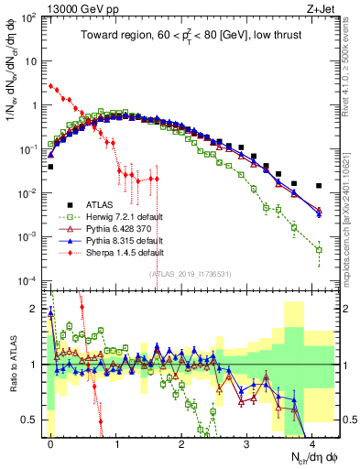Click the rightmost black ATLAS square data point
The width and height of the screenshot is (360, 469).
pos(319,186)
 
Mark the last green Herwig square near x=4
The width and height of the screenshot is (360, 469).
pos(319,249)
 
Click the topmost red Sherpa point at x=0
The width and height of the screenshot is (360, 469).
pos(50,85)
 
